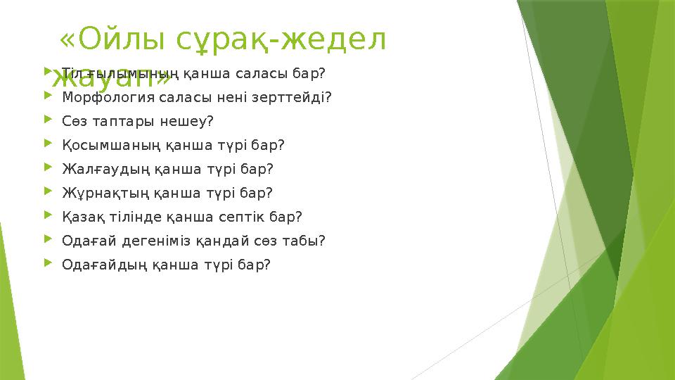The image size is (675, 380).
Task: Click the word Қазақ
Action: [82, 217]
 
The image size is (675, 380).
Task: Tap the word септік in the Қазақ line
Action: [252, 217]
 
